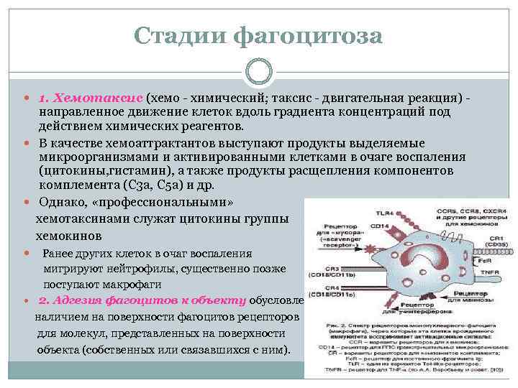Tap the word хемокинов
(x=70, y=236)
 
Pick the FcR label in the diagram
(x=478, y=260)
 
